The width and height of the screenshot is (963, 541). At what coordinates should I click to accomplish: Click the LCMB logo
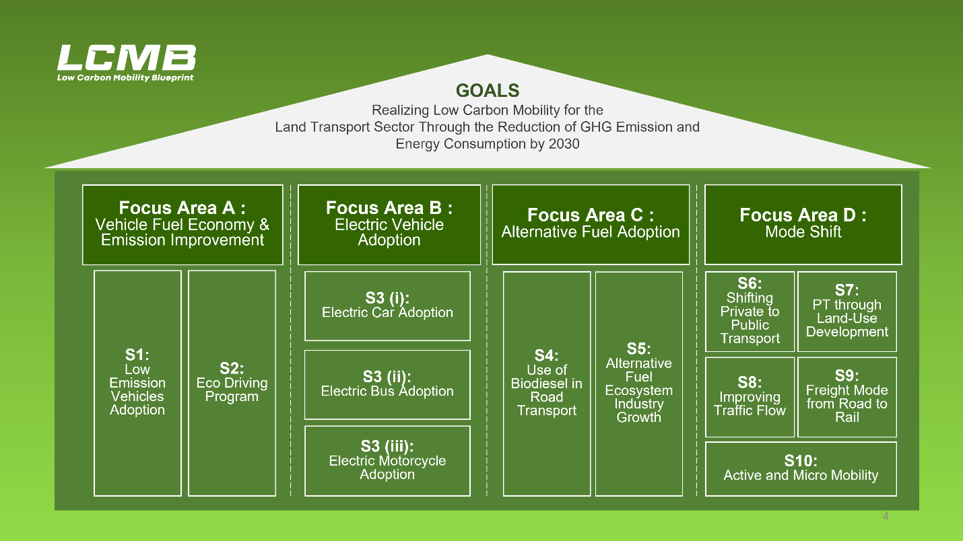tap(127, 63)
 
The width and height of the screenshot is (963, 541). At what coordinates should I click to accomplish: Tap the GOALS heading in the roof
tap(488, 91)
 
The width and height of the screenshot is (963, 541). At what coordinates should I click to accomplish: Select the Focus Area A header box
tap(182, 225)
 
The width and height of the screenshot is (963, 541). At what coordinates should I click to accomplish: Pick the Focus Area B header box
tap(389, 225)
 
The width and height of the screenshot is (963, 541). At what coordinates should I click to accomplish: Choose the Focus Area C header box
tap(591, 225)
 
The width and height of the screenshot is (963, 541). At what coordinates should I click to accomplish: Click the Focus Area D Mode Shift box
tap(803, 225)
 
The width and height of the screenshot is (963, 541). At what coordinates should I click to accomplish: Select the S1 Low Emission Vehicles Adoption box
tap(137, 384)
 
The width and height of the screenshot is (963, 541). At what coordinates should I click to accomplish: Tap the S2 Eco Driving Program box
tap(232, 384)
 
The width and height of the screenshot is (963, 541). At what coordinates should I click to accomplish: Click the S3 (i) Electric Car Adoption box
tap(387, 306)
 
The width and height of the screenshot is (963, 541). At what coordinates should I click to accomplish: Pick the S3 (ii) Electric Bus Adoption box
tap(387, 385)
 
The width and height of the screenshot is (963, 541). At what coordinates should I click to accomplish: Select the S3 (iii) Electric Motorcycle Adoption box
tap(387, 461)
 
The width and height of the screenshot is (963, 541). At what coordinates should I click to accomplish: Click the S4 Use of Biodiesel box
tap(547, 384)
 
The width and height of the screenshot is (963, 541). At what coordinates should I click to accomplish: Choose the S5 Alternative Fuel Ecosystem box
tap(639, 384)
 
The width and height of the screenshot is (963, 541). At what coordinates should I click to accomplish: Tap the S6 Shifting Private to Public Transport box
tap(750, 312)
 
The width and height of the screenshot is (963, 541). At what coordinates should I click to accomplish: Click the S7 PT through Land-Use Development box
tap(847, 312)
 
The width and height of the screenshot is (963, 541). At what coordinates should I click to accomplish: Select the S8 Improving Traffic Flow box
tap(750, 397)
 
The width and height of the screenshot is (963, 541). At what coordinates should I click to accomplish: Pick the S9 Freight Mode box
tap(847, 397)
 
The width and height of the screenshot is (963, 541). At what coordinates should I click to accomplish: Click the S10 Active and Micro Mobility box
tap(801, 469)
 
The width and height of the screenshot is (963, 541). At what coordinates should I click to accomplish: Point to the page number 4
tap(886, 516)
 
